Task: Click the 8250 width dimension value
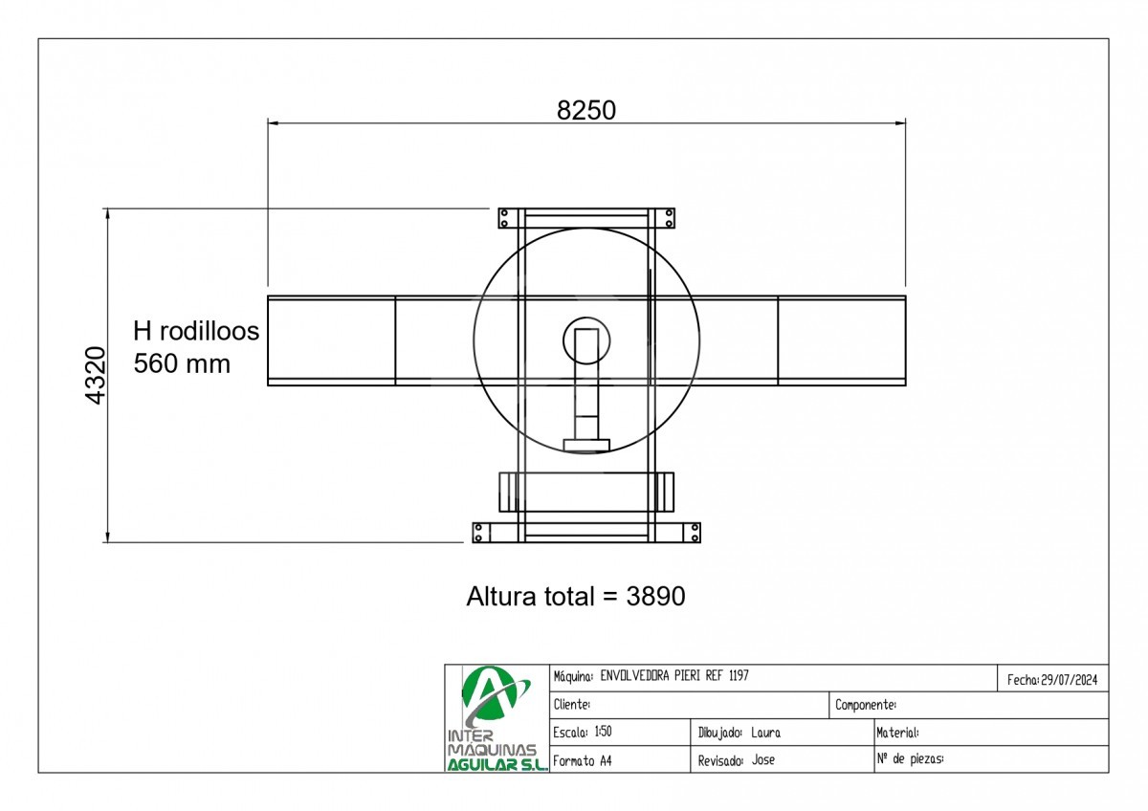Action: (x=586, y=110)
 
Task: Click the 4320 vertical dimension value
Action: (x=96, y=376)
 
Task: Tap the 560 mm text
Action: (x=182, y=363)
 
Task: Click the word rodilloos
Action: (x=210, y=331)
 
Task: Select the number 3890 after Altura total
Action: (x=655, y=597)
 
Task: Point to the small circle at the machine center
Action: (x=586, y=318)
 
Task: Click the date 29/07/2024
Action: (x=1070, y=680)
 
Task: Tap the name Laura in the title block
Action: (x=765, y=733)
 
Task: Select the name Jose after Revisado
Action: (x=763, y=759)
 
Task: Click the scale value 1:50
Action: (x=604, y=732)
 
